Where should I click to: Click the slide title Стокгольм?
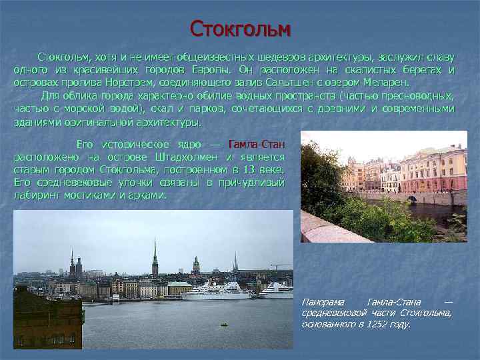[241, 29]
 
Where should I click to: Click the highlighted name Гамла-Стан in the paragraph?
[257, 145]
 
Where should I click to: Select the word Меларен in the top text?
[387, 83]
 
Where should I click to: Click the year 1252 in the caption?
[379, 325]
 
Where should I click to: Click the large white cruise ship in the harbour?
[216, 291]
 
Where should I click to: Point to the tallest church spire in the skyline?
[155, 257]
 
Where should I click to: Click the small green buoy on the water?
[225, 325]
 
